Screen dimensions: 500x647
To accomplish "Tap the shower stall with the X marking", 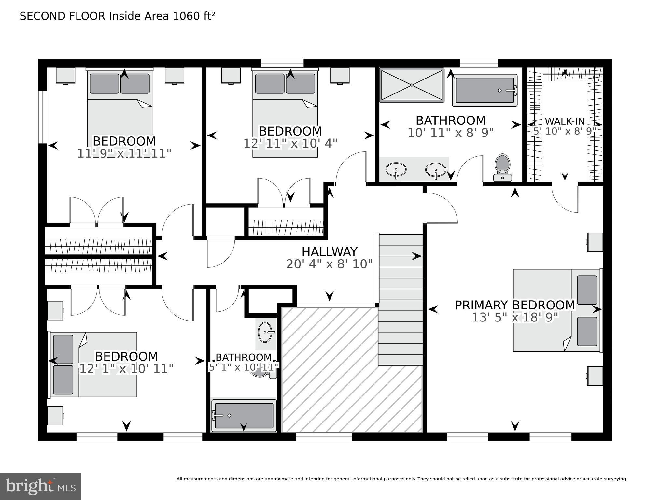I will pyautogui.click(x=412, y=85).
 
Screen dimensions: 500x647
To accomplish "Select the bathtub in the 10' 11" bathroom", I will pyautogui.click(x=484, y=90).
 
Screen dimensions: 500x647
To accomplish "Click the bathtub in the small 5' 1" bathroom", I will pyautogui.click(x=244, y=415).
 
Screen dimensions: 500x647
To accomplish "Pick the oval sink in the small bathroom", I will pyautogui.click(x=265, y=332).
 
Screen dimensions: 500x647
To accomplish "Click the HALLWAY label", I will pyautogui.click(x=329, y=252).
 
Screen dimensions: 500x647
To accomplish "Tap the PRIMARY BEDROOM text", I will pyautogui.click(x=514, y=305).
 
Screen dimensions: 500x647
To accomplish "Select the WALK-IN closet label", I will pyautogui.click(x=565, y=121).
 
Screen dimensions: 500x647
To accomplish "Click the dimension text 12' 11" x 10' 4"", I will pyautogui.click(x=290, y=143).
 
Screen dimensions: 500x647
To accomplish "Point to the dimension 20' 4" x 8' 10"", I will pyautogui.click(x=329, y=264).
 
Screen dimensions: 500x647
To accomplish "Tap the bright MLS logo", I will pyautogui.click(x=40, y=487).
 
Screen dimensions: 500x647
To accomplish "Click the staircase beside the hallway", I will pyautogui.click(x=400, y=300).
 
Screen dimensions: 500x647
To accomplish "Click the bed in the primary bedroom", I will pyautogui.click(x=557, y=310).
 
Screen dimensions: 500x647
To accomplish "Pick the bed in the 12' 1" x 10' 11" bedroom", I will pyautogui.click(x=93, y=364).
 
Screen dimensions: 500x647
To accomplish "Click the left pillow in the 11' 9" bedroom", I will pyautogui.click(x=104, y=84).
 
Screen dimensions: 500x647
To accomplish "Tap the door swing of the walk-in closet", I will pyautogui.click(x=565, y=199).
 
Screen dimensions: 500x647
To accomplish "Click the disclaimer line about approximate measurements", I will pyautogui.click(x=401, y=479).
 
